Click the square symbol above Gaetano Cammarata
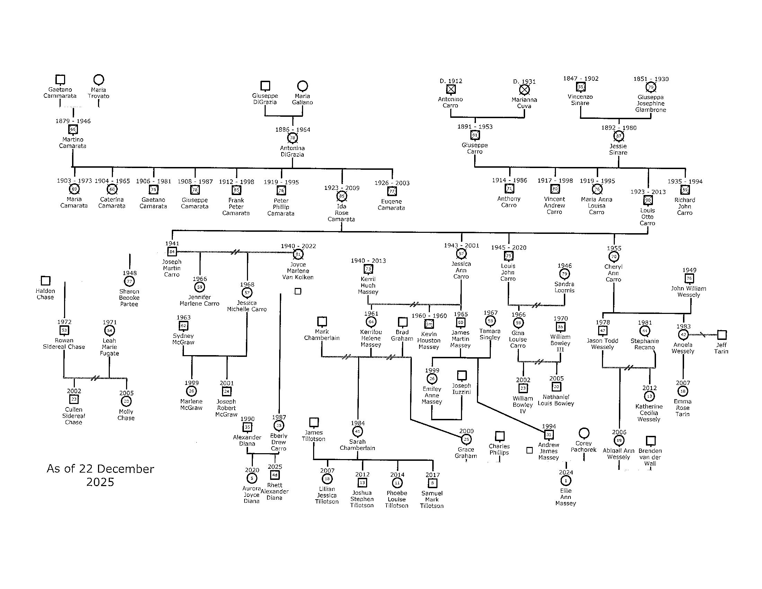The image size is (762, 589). coord(60,80)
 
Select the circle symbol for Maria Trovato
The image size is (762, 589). coord(99,80)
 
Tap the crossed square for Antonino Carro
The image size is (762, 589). coord(451,90)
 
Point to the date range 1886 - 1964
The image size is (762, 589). coord(293,130)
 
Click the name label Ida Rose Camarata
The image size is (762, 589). coord(342,213)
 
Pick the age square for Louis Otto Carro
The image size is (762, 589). coord(648,200)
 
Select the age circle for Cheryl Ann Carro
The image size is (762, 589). coord(614,257)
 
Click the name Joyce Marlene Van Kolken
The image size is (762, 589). coord(298,271)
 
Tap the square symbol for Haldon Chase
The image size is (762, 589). coord(46,281)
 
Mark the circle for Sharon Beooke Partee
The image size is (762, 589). coord(130,281)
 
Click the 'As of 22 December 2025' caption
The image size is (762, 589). coord(100,475)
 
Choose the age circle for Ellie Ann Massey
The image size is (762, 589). coord(566,481)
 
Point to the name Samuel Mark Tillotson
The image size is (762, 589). coord(432,499)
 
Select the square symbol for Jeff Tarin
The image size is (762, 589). coord(722,335)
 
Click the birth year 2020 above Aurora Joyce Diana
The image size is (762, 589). coord(252,471)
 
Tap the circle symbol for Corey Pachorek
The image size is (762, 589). coord(584,433)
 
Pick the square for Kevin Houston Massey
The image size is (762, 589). coord(429,324)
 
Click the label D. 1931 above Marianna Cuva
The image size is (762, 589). coord(524,82)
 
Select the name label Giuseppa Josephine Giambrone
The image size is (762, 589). coord(651,104)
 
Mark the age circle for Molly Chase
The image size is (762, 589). coord(126,402)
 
